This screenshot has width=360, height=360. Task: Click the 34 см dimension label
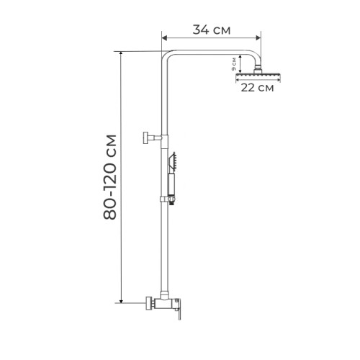pyautogui.click(x=212, y=30)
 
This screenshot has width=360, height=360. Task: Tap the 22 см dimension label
pyautogui.click(x=257, y=88)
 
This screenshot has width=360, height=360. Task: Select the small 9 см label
pyautogui.click(x=234, y=64)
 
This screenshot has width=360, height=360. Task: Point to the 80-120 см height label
pyautogui.click(x=110, y=177)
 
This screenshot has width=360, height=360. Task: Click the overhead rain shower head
pyautogui.click(x=258, y=77)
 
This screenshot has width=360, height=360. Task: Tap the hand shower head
pyautogui.click(x=173, y=162)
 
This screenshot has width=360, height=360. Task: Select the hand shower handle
pyautogui.click(x=171, y=184)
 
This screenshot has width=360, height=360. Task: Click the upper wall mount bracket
pyautogui.click(x=152, y=138)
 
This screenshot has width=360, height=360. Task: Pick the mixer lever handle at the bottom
pyautogui.click(x=179, y=309)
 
